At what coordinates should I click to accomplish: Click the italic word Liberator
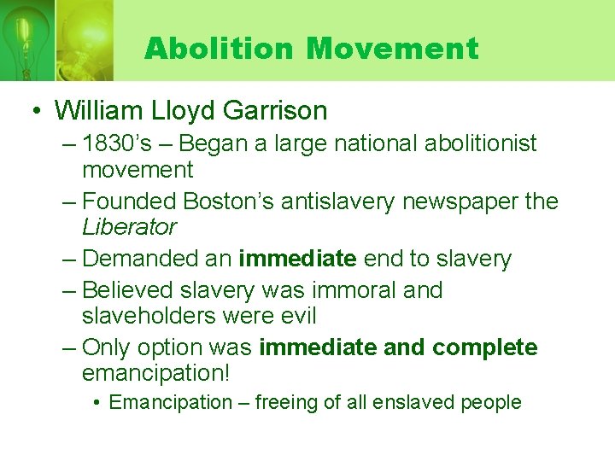pos(129,227)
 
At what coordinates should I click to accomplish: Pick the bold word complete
pos(485,348)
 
